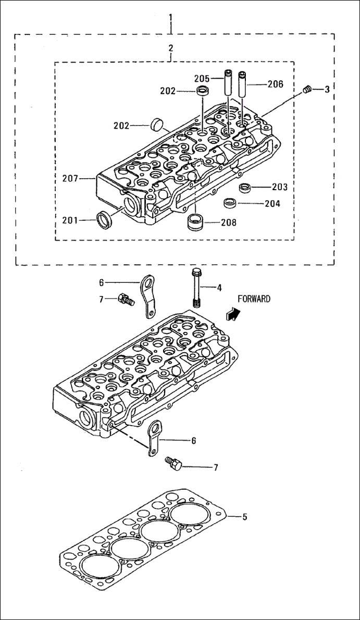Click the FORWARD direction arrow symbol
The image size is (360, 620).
[233, 313]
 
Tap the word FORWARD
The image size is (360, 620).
[254, 299]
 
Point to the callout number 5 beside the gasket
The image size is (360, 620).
[244, 517]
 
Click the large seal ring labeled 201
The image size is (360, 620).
[105, 220]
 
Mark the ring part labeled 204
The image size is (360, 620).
[230, 203]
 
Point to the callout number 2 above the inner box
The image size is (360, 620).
[170, 48]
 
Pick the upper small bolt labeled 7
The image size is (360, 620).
[126, 299]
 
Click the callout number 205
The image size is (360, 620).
[202, 78]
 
